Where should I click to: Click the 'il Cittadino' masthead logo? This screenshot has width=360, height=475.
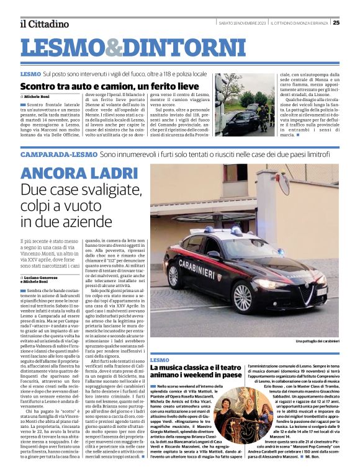click(44, 24)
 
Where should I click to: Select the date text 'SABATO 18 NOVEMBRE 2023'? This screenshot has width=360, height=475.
click(242, 23)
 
